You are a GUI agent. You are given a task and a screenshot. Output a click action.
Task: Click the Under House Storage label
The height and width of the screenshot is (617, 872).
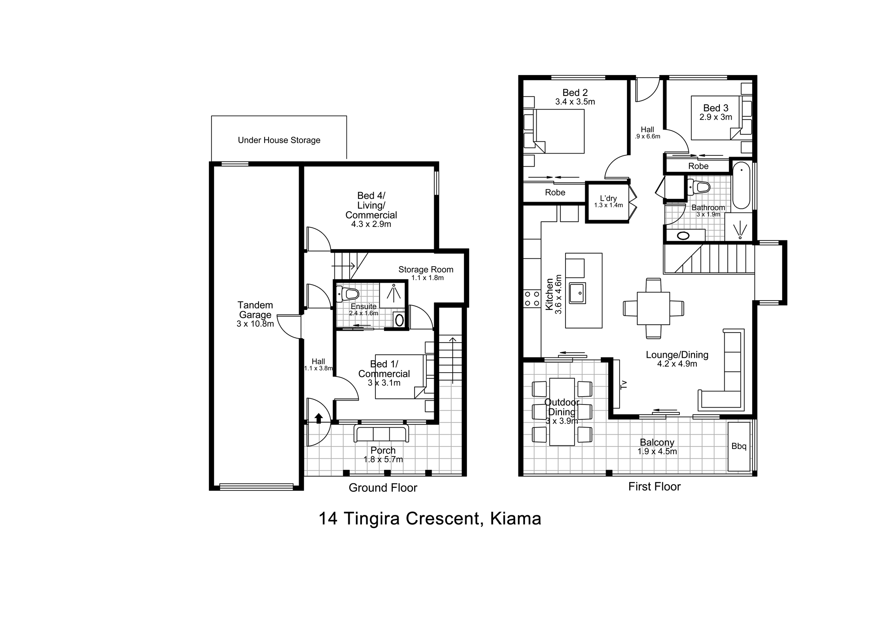click(x=279, y=140)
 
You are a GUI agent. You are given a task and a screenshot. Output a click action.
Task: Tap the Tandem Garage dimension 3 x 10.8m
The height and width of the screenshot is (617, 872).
click(x=255, y=324)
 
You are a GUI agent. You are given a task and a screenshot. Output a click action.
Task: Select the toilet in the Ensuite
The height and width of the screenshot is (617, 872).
click(x=347, y=294)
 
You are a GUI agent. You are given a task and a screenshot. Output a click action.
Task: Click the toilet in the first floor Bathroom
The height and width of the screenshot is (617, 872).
click(x=698, y=187)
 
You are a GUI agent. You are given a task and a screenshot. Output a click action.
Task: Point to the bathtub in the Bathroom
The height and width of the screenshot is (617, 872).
click(x=741, y=185)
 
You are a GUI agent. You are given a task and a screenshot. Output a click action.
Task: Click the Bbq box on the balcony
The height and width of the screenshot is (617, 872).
click(x=739, y=446)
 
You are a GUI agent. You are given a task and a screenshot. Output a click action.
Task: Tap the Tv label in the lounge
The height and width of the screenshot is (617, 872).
click(x=623, y=384)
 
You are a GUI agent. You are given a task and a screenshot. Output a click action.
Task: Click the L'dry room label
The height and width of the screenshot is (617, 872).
click(x=608, y=198)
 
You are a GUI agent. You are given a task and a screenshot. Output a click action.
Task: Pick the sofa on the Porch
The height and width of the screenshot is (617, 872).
click(x=381, y=435)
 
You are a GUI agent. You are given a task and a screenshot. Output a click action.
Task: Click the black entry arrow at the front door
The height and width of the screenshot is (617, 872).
click(x=319, y=418)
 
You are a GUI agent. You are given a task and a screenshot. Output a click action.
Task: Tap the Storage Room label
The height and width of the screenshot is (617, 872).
click(x=426, y=270)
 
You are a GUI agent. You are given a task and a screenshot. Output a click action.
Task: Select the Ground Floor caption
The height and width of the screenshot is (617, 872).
click(x=383, y=488)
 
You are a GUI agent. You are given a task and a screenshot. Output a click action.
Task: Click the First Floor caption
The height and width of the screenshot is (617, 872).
click(x=654, y=487)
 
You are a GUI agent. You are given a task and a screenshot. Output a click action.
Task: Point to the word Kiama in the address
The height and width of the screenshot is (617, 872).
click(x=516, y=518)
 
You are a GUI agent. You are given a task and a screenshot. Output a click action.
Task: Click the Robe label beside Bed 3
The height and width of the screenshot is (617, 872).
click(x=698, y=166)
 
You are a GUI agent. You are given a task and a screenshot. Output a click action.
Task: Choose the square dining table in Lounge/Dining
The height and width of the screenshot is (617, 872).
click(x=653, y=308)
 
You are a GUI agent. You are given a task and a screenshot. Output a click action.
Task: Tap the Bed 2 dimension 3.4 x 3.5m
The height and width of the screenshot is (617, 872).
click(x=575, y=102)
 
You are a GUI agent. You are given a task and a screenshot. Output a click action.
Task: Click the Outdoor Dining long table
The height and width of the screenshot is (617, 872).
click(x=562, y=412)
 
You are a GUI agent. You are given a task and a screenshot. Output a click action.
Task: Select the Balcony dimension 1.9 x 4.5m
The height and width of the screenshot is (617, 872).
click(x=657, y=452)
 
